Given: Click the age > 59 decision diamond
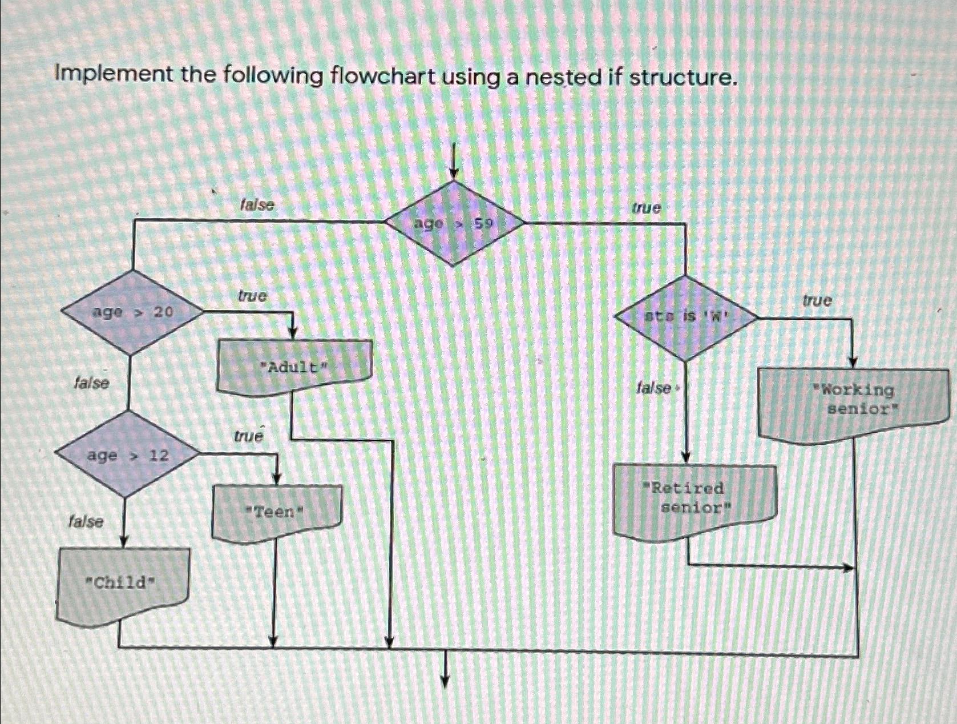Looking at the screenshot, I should click(454, 223).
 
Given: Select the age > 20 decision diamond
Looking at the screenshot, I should click(132, 312).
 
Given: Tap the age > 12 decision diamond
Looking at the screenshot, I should click(128, 455).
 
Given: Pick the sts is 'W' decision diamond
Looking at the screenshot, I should click(687, 317).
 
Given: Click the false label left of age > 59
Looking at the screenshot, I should click(257, 204).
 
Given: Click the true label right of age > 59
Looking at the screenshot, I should click(646, 208).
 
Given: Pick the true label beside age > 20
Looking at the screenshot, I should click(252, 296).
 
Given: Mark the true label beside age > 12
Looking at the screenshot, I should click(248, 437).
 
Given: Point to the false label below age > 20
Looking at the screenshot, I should click(91, 383).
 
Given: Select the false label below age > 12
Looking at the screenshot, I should click(86, 521).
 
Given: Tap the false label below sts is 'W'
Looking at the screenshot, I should click(654, 388).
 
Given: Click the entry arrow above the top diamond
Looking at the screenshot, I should click(454, 160).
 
